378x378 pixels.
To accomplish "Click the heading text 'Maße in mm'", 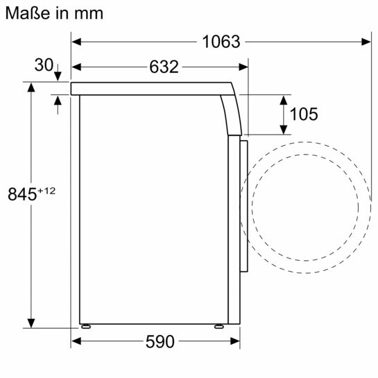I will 54,12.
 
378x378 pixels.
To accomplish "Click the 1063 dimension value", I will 221,42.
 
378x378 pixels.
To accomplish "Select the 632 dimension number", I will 164,67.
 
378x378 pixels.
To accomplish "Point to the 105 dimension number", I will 303,114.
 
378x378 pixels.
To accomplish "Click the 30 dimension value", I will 43,65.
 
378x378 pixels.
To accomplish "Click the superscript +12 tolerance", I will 46,191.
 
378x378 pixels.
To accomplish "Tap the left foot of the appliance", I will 87,326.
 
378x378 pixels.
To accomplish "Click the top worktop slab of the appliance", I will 153,88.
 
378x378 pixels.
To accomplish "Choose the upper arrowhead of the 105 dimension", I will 284,98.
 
